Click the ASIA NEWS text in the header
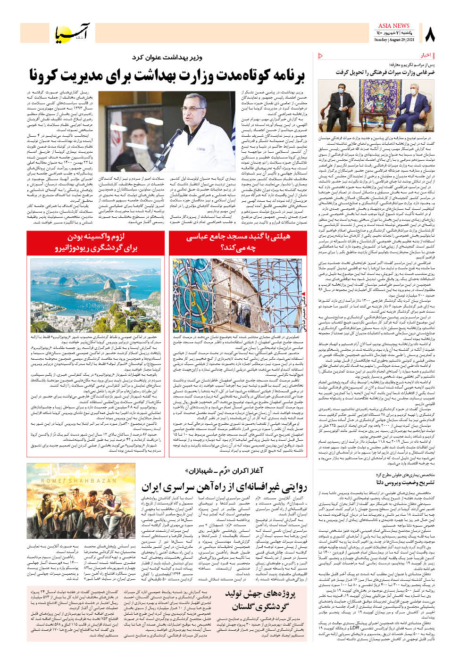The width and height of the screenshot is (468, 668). click(393, 26)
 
